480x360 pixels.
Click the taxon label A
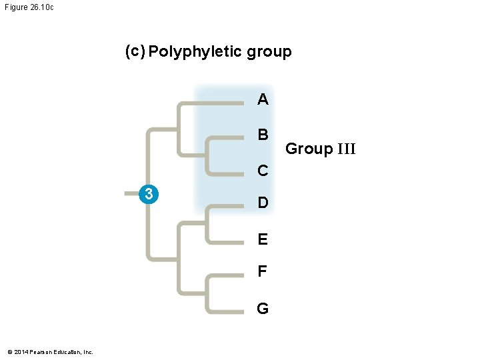(263, 100)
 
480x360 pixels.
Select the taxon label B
(263, 135)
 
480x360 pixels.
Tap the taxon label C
(263, 171)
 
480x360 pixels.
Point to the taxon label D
(263, 203)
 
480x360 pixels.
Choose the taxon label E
(263, 239)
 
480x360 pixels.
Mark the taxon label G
(263, 309)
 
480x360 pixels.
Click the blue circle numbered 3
(150, 194)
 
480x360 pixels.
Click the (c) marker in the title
(135, 51)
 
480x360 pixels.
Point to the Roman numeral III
(346, 149)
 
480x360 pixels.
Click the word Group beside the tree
(309, 149)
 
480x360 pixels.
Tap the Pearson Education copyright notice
(51, 352)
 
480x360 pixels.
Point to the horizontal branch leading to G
(227, 311)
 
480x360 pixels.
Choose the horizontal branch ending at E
(227, 241)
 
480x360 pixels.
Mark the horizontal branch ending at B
(227, 138)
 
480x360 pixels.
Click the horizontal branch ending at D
(227, 206)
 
